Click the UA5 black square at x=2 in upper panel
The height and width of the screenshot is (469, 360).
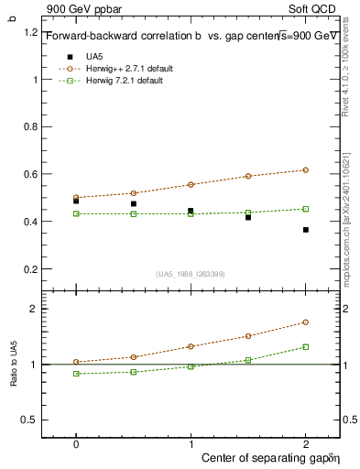point(306,230)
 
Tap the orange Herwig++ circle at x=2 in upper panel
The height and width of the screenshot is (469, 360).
point(306,169)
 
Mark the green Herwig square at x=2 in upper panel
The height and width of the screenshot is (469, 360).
point(306,209)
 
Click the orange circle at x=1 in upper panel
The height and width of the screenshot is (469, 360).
point(191,184)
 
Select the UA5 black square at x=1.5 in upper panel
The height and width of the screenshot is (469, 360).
point(248,217)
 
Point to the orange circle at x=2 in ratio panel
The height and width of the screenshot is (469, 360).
point(306,322)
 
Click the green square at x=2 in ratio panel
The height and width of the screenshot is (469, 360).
point(306,346)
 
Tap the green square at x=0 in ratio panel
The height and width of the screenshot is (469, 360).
point(76,374)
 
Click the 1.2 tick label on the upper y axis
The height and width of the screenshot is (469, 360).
point(31,32)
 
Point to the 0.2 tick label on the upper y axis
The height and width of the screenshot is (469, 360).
point(31,269)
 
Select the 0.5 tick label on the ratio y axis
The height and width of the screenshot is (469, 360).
point(31,420)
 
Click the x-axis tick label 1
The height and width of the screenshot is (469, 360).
point(191,442)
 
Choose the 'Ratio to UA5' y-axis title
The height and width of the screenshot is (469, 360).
point(14,364)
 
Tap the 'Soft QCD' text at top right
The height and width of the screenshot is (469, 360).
point(317,7)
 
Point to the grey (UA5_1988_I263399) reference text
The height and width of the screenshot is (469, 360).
point(191,274)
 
